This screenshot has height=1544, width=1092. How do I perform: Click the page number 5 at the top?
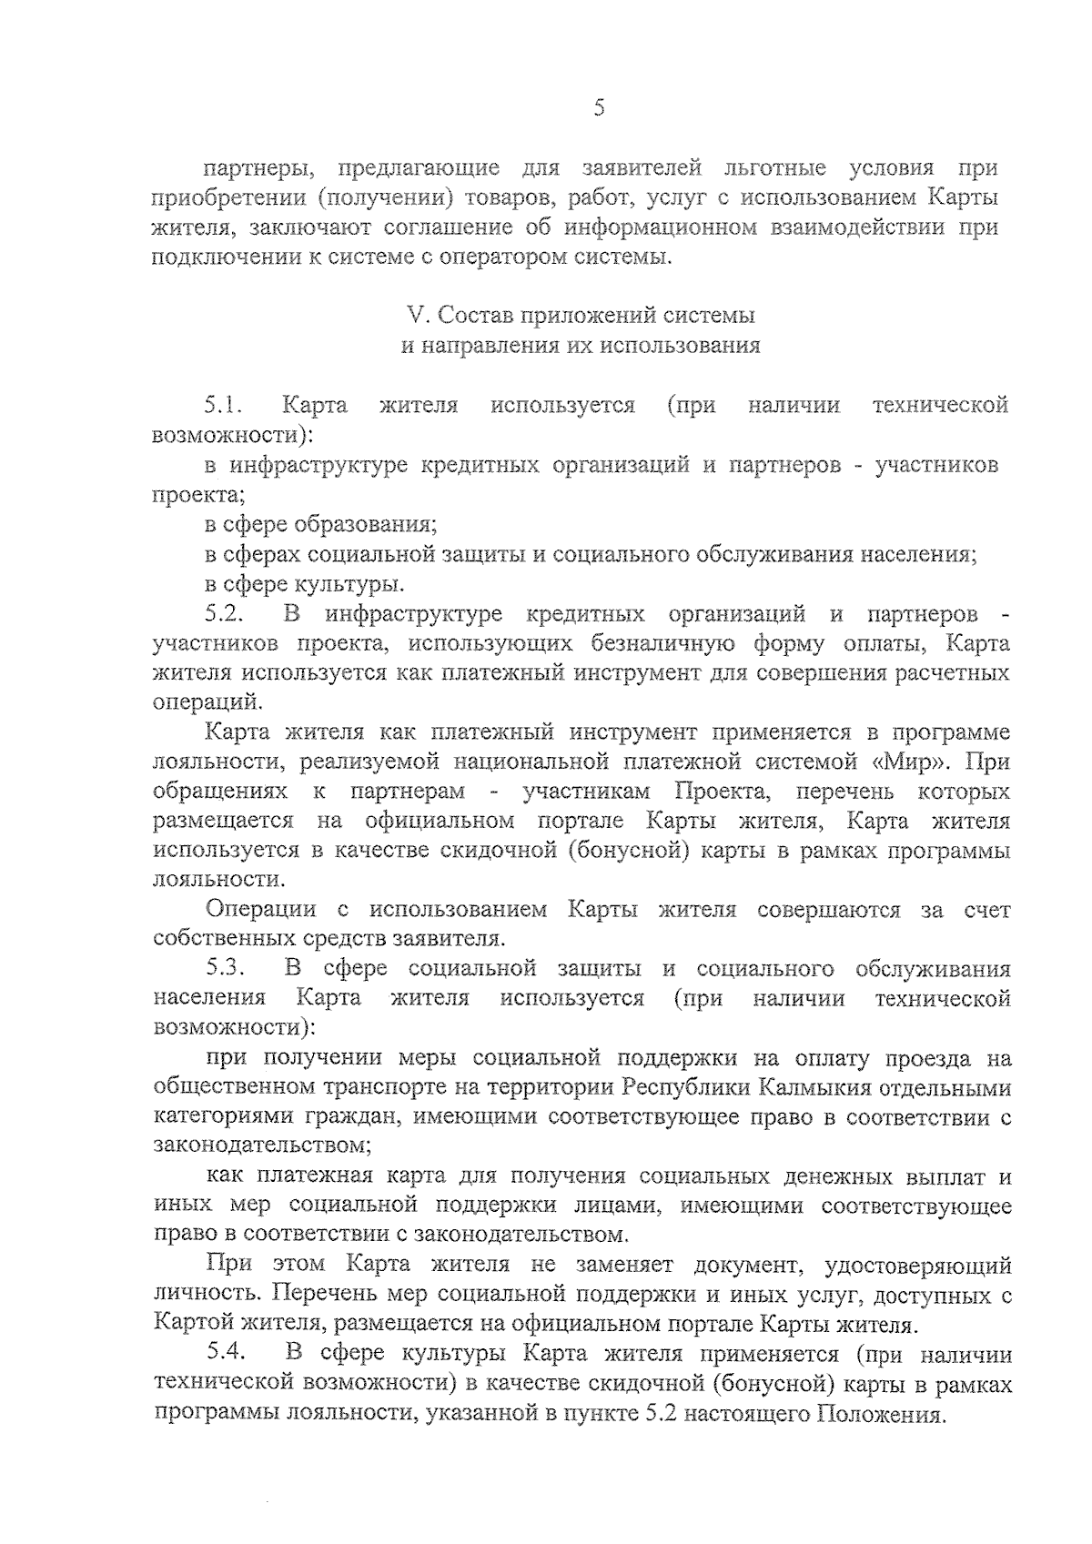[598, 109]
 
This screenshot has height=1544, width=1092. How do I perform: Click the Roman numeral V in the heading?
[417, 316]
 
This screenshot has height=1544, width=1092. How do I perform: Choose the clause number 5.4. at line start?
[224, 1354]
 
